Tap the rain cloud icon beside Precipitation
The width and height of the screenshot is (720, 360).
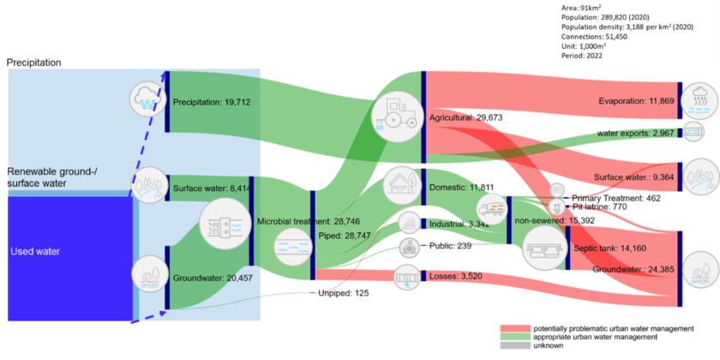click(147, 99)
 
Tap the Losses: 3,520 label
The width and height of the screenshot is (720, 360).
click(451, 276)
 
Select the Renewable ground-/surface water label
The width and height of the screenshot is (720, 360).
click(51, 177)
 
